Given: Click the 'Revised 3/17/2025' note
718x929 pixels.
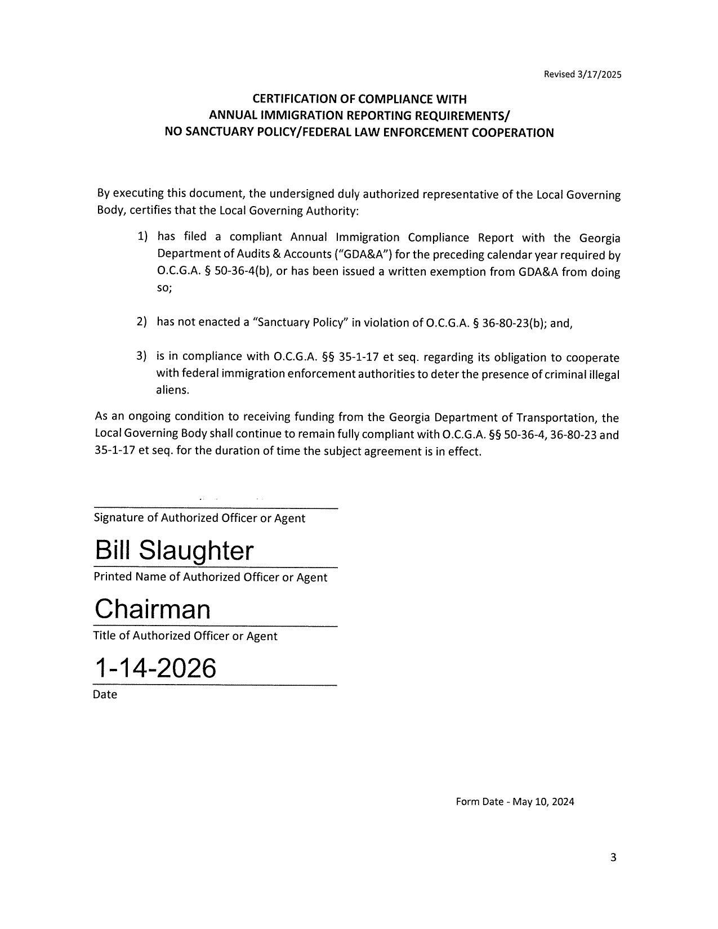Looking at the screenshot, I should [x=582, y=74].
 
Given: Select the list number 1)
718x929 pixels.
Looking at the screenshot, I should [x=142, y=236].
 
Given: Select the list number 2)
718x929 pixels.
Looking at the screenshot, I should [x=142, y=321].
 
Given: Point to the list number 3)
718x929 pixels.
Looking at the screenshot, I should [x=142, y=356].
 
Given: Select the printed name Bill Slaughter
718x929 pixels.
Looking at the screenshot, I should [x=174, y=550].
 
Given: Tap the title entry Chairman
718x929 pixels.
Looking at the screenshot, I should [x=153, y=609].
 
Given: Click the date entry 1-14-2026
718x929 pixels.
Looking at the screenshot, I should [x=155, y=668].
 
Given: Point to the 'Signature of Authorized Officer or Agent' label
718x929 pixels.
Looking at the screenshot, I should [x=199, y=518].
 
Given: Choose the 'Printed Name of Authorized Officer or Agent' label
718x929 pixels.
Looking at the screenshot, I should [x=210, y=577].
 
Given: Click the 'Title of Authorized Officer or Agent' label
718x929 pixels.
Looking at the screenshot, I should [x=185, y=636].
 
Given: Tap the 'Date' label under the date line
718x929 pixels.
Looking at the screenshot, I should [x=105, y=694].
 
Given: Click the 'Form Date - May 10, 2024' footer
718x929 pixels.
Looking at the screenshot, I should [x=515, y=802].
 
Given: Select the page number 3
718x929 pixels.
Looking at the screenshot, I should [x=613, y=857].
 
